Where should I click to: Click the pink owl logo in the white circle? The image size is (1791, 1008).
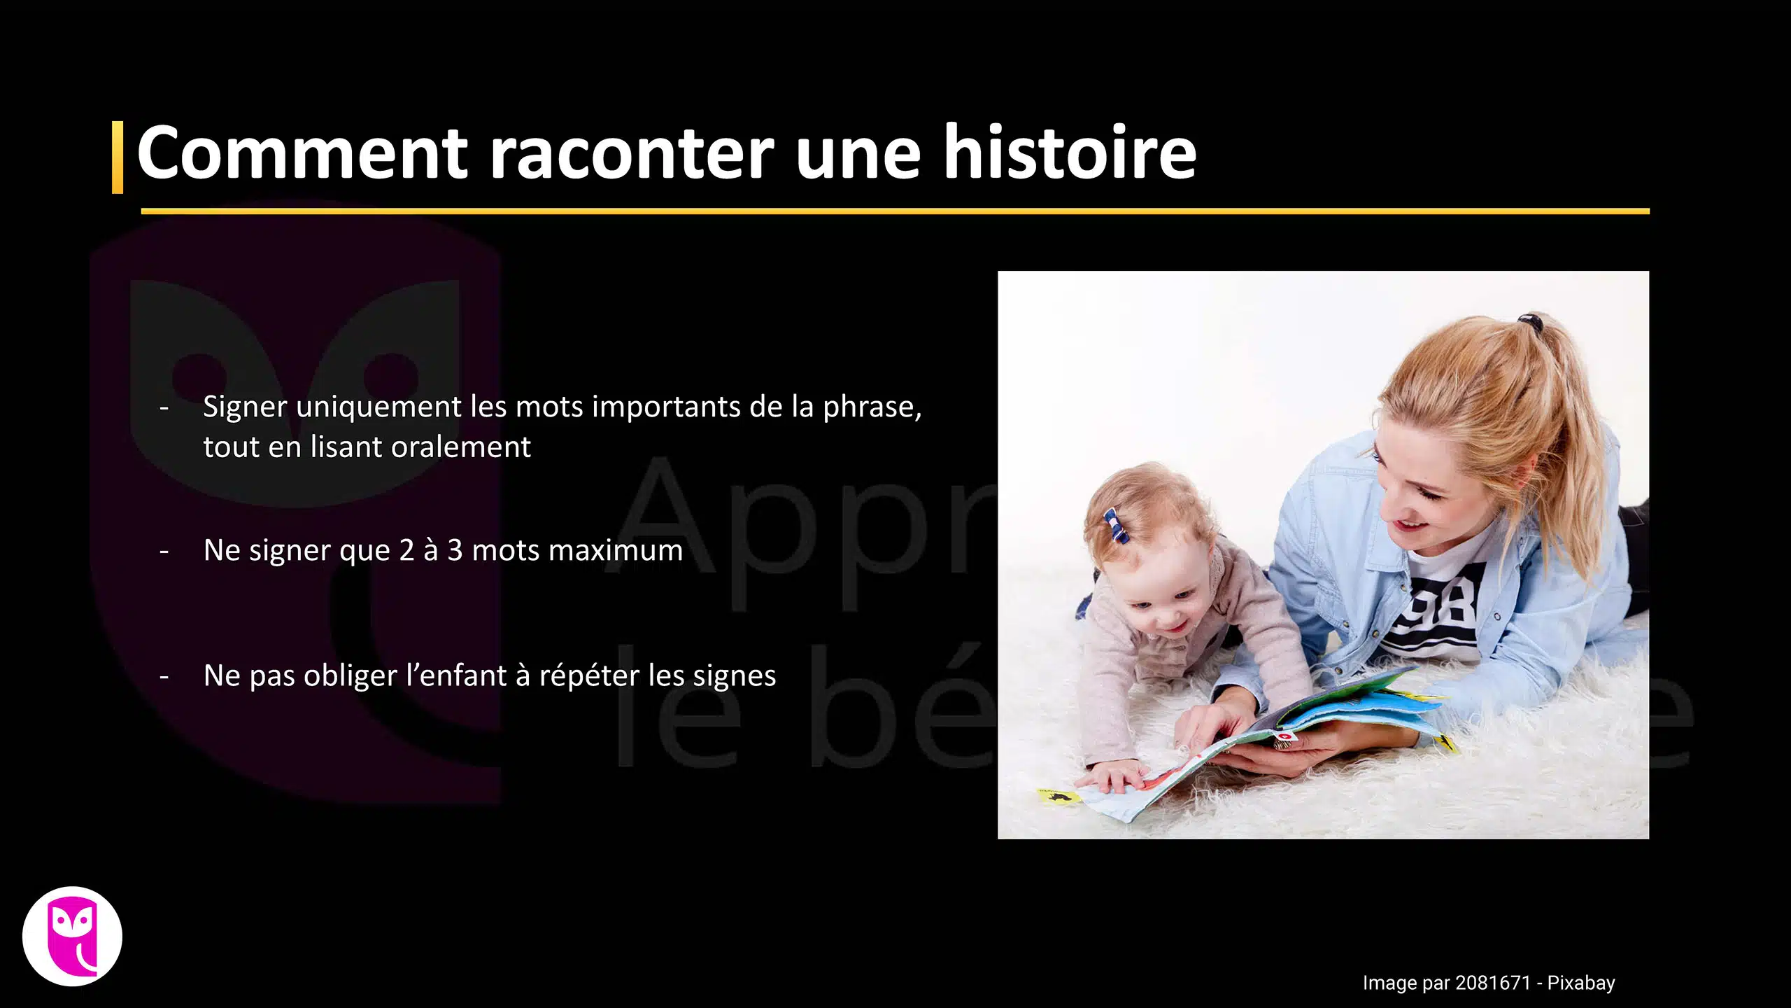pos(73,937)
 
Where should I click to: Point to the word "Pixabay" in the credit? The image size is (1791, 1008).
pos(1580,983)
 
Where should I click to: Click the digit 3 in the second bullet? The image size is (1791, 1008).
pos(455,550)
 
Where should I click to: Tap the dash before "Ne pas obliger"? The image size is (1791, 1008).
pos(164,677)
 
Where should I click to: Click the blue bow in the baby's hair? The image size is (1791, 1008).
pos(1116,526)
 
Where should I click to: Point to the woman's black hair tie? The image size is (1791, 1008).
pos(1530,322)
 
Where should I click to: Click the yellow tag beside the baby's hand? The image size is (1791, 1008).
pos(1056,796)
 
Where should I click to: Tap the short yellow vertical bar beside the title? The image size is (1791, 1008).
pos(118,157)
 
